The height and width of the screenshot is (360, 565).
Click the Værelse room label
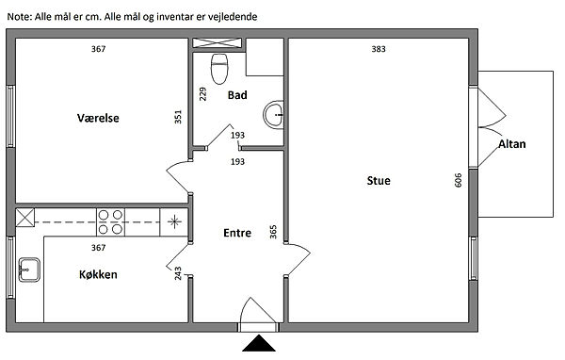coord(98,118)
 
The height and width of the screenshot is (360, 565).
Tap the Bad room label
coord(237,95)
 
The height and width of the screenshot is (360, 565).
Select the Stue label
coord(379,180)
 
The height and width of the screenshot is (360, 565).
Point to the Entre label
coord(237,233)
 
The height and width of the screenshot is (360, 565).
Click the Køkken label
coord(98,274)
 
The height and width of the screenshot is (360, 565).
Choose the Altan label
coord(512,144)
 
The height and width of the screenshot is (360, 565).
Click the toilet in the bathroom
coord(219,69)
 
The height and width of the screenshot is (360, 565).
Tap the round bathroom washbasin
coord(273,114)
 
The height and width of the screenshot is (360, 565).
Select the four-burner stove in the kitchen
coord(110,222)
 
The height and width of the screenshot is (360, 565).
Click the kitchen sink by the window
coord(29,270)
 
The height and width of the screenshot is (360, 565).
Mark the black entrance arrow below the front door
coord(259,343)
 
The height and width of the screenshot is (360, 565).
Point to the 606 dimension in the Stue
coord(458,180)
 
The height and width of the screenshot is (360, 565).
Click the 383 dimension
coord(379,49)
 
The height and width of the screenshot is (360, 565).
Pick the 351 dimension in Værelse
coord(178,117)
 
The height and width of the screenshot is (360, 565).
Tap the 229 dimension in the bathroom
coord(202,94)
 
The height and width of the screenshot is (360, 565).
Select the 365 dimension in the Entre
coord(273,232)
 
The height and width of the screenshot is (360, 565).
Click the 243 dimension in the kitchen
coord(178,273)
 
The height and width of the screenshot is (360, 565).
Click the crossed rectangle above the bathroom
coord(218,43)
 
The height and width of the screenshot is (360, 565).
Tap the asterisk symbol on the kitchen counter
coord(174,221)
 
